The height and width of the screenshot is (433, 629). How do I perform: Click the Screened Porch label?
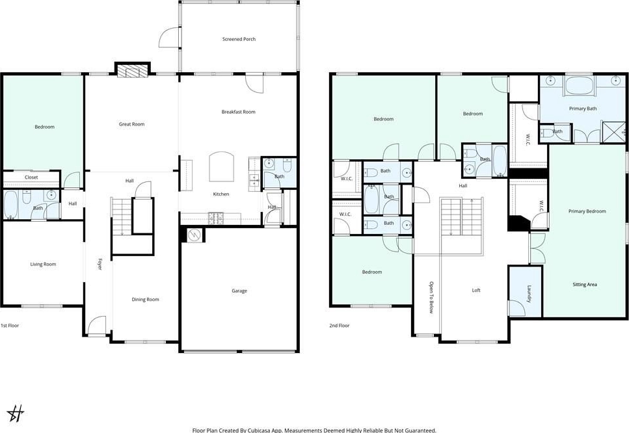239,39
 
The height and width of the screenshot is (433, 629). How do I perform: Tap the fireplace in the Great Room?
133,70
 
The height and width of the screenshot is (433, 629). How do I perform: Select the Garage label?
239,291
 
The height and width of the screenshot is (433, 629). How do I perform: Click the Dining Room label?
145,300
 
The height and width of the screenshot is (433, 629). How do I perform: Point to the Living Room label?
43,264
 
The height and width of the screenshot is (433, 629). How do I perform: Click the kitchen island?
221,166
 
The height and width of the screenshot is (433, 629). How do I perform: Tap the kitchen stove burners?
216,218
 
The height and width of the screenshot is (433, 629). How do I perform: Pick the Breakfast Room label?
238,112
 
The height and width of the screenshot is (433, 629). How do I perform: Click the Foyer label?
100,264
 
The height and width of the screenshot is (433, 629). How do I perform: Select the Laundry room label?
529,293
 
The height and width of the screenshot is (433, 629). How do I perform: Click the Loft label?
475,290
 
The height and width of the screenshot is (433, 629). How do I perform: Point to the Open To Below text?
431,297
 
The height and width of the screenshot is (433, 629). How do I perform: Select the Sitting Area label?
585,285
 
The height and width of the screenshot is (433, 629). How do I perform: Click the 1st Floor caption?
10,326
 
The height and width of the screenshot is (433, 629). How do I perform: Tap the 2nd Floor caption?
340,326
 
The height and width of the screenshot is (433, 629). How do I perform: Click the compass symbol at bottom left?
16,413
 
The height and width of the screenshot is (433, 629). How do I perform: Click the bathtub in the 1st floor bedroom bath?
10,204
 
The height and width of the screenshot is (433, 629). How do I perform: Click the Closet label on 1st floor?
31,177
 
